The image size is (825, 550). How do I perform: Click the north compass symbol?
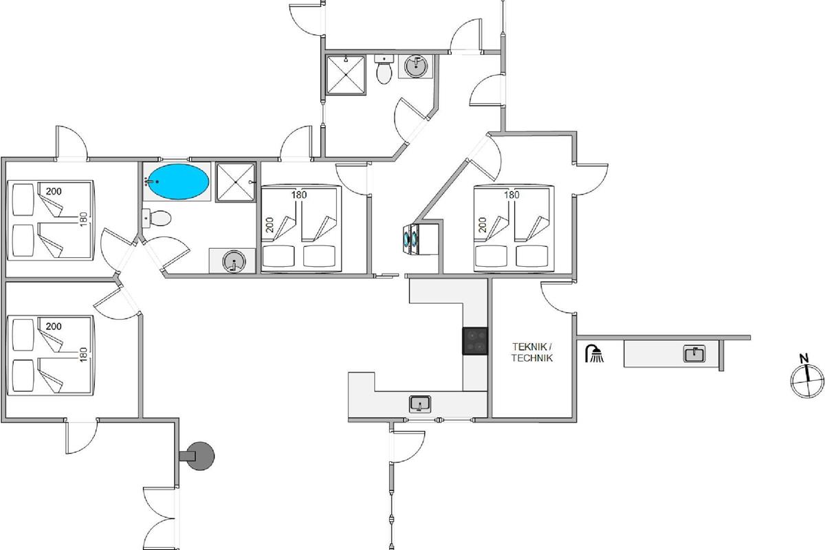tap(806, 380)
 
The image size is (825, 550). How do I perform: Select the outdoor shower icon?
tap(593, 355)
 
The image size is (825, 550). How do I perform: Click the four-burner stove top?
tap(476, 340)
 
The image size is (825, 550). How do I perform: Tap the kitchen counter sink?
tap(419, 403)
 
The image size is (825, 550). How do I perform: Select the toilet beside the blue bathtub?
tap(157, 219)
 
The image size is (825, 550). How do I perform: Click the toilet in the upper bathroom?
tap(384, 69)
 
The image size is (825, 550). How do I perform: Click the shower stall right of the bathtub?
tap(236, 182)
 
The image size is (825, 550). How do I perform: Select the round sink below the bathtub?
tap(234, 261)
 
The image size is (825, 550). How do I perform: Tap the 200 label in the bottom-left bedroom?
tap(53, 326)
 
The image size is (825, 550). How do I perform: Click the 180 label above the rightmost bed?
tap(511, 195)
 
